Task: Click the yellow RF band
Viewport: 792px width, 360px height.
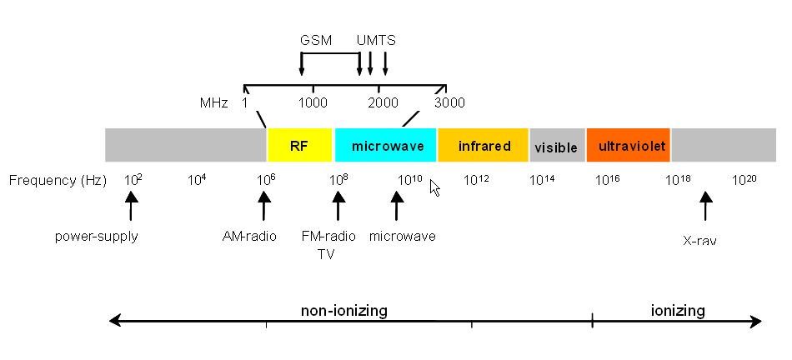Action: pos(299,145)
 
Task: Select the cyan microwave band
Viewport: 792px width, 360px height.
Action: pos(385,145)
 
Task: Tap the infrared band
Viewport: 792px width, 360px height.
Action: pos(483,145)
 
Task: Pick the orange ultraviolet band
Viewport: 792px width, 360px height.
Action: pos(629,145)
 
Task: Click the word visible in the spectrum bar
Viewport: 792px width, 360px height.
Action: pos(555,148)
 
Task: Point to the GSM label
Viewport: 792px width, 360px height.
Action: pos(316,40)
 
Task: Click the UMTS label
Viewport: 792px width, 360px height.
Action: pos(376,40)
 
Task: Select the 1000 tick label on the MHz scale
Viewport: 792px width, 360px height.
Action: pos(313,103)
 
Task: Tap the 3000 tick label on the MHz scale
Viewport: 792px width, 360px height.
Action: pos(449,103)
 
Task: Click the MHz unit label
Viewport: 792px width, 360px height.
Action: pos(213,103)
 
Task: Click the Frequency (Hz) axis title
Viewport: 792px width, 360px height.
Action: pos(58,181)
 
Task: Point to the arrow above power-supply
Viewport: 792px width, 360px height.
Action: pos(132,206)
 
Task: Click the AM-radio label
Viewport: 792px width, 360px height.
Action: pos(249,237)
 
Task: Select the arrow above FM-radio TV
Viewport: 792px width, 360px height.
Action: pos(338,206)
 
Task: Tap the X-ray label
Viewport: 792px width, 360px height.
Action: pos(699,241)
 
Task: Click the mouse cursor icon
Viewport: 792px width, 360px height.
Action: pos(435,187)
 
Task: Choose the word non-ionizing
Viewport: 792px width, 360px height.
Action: pos(344,310)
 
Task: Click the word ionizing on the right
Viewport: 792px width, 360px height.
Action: pos(677,310)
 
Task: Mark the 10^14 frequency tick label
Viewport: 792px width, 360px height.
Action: pos(542,180)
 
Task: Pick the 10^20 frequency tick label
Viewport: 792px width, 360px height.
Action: pos(744,180)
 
